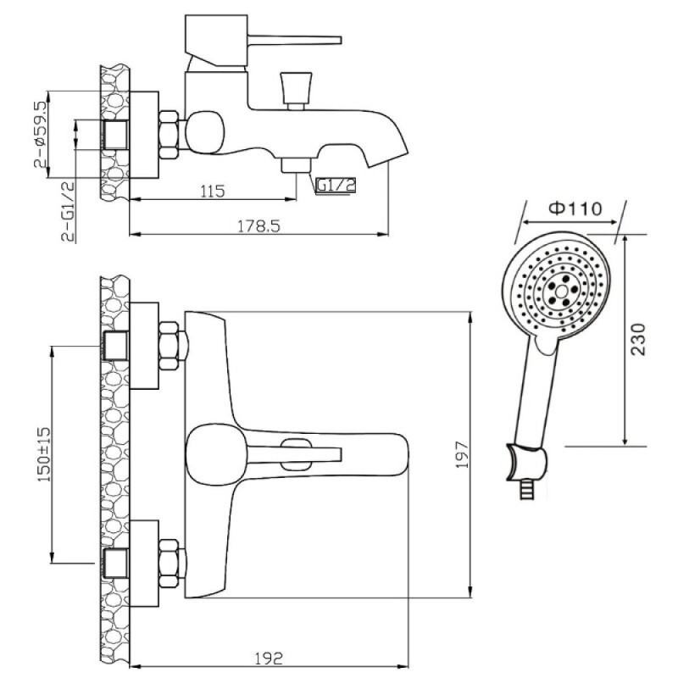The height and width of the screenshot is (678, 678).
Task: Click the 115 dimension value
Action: click(x=213, y=191)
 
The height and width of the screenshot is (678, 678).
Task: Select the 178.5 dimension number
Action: click(x=258, y=225)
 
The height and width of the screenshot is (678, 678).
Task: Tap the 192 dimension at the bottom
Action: click(x=268, y=659)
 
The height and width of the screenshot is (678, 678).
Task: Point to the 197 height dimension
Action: click(x=462, y=454)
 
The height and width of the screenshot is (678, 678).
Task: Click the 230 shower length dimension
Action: click(x=637, y=340)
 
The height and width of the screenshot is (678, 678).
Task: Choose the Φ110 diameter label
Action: click(x=575, y=208)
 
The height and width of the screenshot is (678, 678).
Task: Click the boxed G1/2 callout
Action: click(x=336, y=186)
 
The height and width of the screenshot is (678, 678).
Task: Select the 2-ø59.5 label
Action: click(x=39, y=135)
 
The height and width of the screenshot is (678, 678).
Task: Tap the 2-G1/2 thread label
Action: click(x=68, y=212)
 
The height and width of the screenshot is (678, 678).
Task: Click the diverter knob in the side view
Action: click(x=296, y=91)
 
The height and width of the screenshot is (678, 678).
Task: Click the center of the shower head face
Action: click(x=561, y=292)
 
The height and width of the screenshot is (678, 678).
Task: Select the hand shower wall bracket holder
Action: click(x=527, y=462)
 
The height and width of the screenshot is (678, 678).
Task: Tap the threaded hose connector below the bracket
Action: click(x=526, y=490)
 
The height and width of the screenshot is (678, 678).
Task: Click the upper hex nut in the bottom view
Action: click(x=169, y=346)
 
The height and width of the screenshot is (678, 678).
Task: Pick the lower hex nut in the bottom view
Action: click(x=169, y=564)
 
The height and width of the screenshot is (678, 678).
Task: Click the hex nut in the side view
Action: click(x=169, y=135)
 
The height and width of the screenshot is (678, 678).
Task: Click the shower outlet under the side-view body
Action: click(x=296, y=165)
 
